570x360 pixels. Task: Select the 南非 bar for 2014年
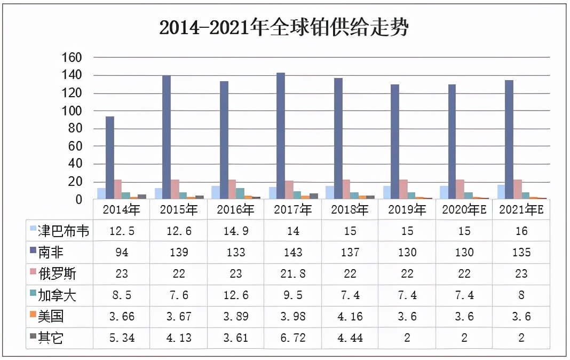[x=109, y=158]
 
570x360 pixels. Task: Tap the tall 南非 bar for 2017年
[x=281, y=136]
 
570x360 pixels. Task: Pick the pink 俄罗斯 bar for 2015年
[x=175, y=190]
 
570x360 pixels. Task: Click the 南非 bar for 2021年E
[x=510, y=140]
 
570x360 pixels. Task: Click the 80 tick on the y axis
[x=75, y=128]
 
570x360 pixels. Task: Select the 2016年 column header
[x=235, y=209]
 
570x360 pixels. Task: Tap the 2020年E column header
[x=464, y=209]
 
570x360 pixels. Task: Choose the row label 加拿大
[x=58, y=295]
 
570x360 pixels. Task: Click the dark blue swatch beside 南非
[x=33, y=252]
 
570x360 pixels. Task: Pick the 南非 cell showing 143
[x=292, y=252]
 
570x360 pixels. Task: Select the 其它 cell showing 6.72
[x=292, y=338]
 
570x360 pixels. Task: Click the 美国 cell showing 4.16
[x=350, y=316]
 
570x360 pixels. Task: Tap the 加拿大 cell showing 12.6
[x=235, y=295]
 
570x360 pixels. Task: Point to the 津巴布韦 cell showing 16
[x=521, y=231]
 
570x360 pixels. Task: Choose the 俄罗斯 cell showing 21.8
[x=292, y=273]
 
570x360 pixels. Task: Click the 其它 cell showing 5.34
[x=121, y=338]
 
